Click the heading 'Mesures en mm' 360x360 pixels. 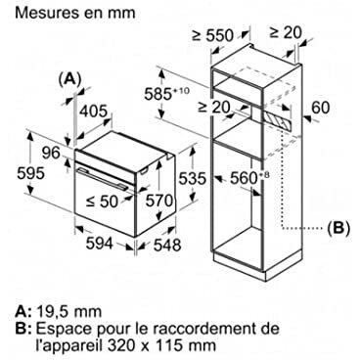(75, 13)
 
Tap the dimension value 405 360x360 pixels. (94, 112)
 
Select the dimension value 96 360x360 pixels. (51, 153)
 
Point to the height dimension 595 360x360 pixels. (30, 173)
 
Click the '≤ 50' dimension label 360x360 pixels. (102, 202)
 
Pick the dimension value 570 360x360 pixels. (159, 201)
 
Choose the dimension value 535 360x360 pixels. (193, 178)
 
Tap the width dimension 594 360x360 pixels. (100, 244)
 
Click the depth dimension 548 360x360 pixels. (167, 245)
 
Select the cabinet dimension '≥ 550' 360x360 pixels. (212, 35)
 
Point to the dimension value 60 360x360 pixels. (321, 108)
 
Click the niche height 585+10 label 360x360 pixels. (166, 94)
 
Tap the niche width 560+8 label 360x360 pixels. (250, 178)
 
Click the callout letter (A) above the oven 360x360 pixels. (69, 78)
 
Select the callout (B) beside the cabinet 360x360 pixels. (338, 227)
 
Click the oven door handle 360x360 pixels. (102, 178)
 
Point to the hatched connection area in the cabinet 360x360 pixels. (277, 119)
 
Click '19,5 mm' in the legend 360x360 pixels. (68, 312)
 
